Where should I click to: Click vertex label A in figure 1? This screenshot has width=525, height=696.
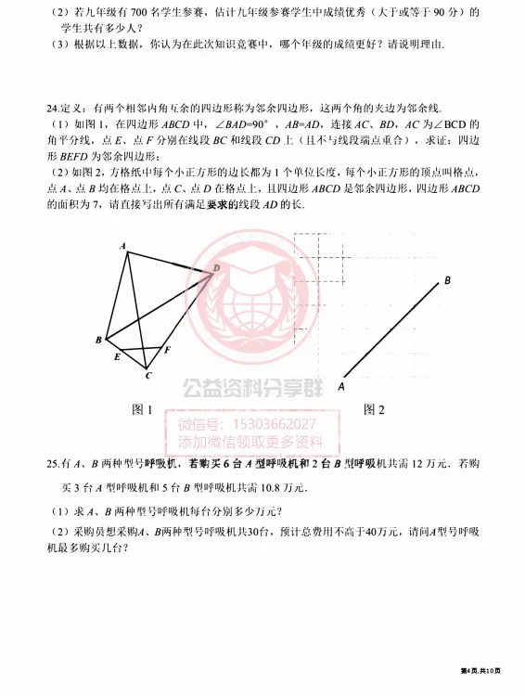click(122, 246)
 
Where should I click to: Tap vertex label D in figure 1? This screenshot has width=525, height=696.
click(217, 267)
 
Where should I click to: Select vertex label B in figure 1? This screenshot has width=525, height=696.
click(97, 341)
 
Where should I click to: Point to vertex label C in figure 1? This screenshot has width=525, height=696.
click(147, 376)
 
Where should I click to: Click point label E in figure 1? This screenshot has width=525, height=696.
click(116, 357)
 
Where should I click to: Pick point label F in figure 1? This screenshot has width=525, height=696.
click(167, 350)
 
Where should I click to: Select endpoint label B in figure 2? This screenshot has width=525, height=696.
click(447, 279)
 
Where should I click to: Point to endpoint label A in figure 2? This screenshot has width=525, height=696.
click(341, 386)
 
